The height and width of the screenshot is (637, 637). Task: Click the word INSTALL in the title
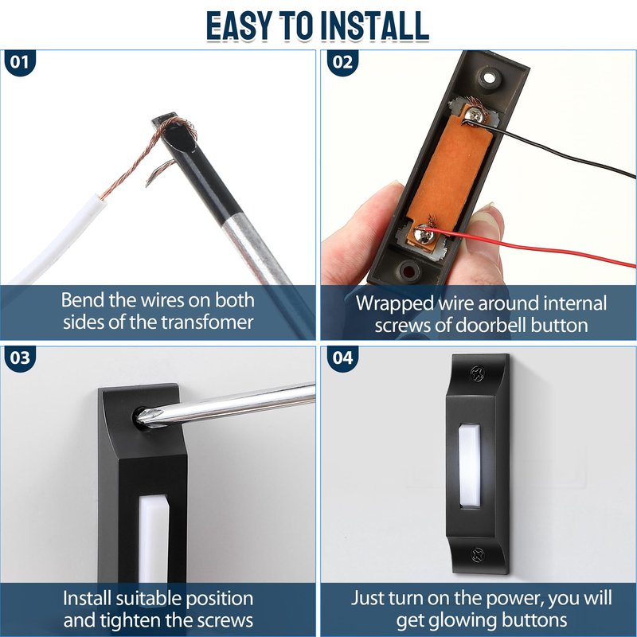(x=374, y=26)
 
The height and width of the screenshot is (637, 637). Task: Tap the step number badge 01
(x=20, y=63)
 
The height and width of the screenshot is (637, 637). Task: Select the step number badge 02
(x=342, y=63)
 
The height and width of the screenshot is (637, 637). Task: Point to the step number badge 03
(x=20, y=358)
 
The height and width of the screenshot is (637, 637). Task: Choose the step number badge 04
(x=342, y=358)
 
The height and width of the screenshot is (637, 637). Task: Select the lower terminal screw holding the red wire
(x=424, y=234)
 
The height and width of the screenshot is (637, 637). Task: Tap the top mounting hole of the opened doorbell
(x=489, y=77)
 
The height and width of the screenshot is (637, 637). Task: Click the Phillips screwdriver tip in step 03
(x=147, y=416)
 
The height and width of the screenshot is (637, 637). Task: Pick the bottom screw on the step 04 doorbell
(x=478, y=554)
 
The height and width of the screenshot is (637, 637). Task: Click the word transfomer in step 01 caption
(x=207, y=322)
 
